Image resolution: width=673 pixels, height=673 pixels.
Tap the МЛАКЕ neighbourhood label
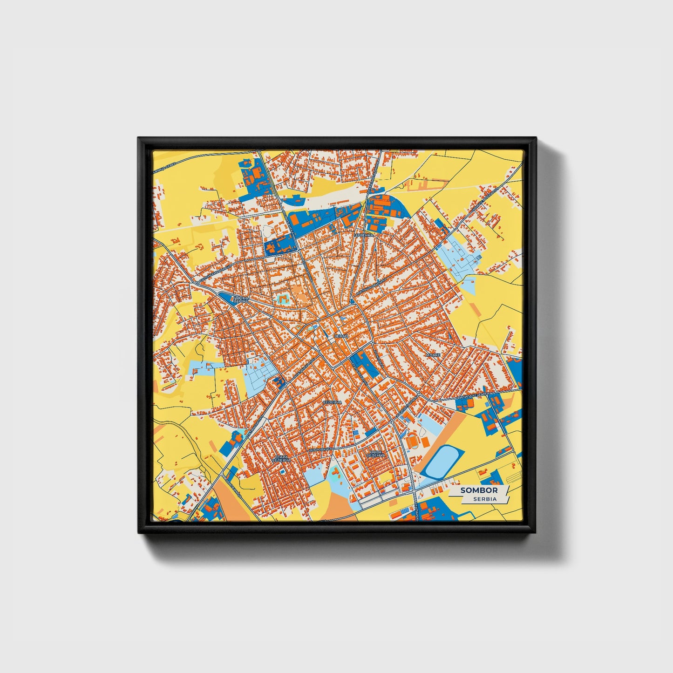coord(433,355)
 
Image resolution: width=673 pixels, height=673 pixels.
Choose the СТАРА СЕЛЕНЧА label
coord(282,459)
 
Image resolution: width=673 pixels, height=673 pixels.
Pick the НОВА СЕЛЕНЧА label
coord(375,454)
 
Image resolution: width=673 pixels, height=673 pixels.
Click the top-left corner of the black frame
coord(138,138)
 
